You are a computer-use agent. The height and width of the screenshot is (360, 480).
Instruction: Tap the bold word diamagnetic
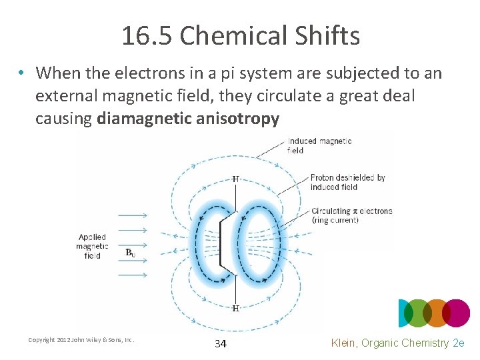[139, 119]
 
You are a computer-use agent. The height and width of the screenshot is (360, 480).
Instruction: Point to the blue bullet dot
[23, 73]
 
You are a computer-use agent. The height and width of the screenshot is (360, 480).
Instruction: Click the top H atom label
[235, 179]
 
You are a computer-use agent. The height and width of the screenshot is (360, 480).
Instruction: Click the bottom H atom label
[235, 308]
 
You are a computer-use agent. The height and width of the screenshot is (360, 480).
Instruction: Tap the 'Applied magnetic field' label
[91, 246]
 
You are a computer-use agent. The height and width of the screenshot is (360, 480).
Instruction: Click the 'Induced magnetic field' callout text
[319, 145]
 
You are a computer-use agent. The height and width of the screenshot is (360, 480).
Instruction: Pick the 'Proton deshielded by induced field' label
[347, 182]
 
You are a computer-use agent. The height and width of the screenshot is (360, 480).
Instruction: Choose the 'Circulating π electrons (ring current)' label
[351, 215]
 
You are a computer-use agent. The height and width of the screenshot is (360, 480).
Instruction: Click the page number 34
[221, 344]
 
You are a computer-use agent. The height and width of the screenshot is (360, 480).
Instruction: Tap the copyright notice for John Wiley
[81, 340]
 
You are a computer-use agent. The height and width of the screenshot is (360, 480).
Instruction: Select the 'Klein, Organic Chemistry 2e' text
[397, 343]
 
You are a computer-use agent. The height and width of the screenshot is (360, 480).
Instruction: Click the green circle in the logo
[418, 313]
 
